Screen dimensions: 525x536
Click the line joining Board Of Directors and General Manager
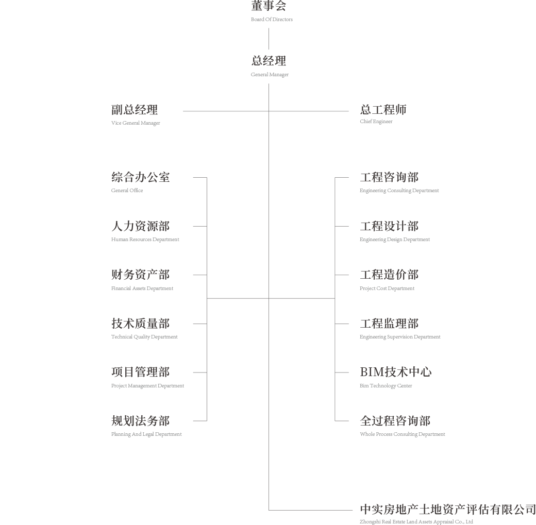tap(269, 39)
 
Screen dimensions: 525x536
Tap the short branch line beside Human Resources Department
tap(200, 226)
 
